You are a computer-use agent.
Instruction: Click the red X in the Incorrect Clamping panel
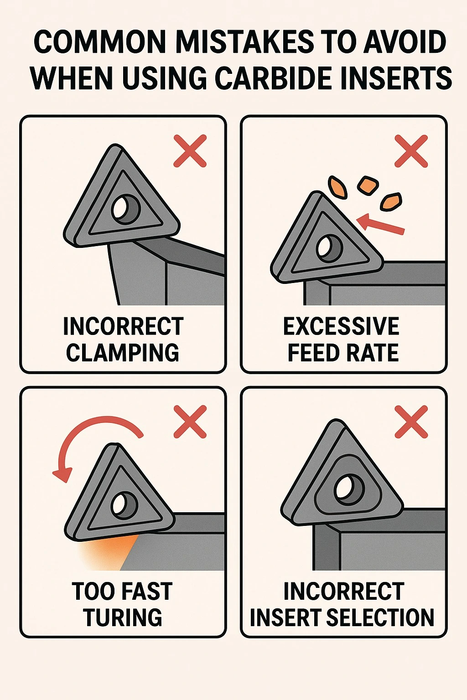click(190, 151)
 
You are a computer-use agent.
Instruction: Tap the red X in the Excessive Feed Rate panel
click(411, 151)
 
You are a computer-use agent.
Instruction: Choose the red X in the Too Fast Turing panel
click(190, 422)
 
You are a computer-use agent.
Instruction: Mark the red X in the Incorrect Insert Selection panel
click(411, 422)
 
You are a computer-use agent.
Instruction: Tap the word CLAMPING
click(122, 352)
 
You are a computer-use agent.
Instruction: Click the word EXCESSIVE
click(341, 326)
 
